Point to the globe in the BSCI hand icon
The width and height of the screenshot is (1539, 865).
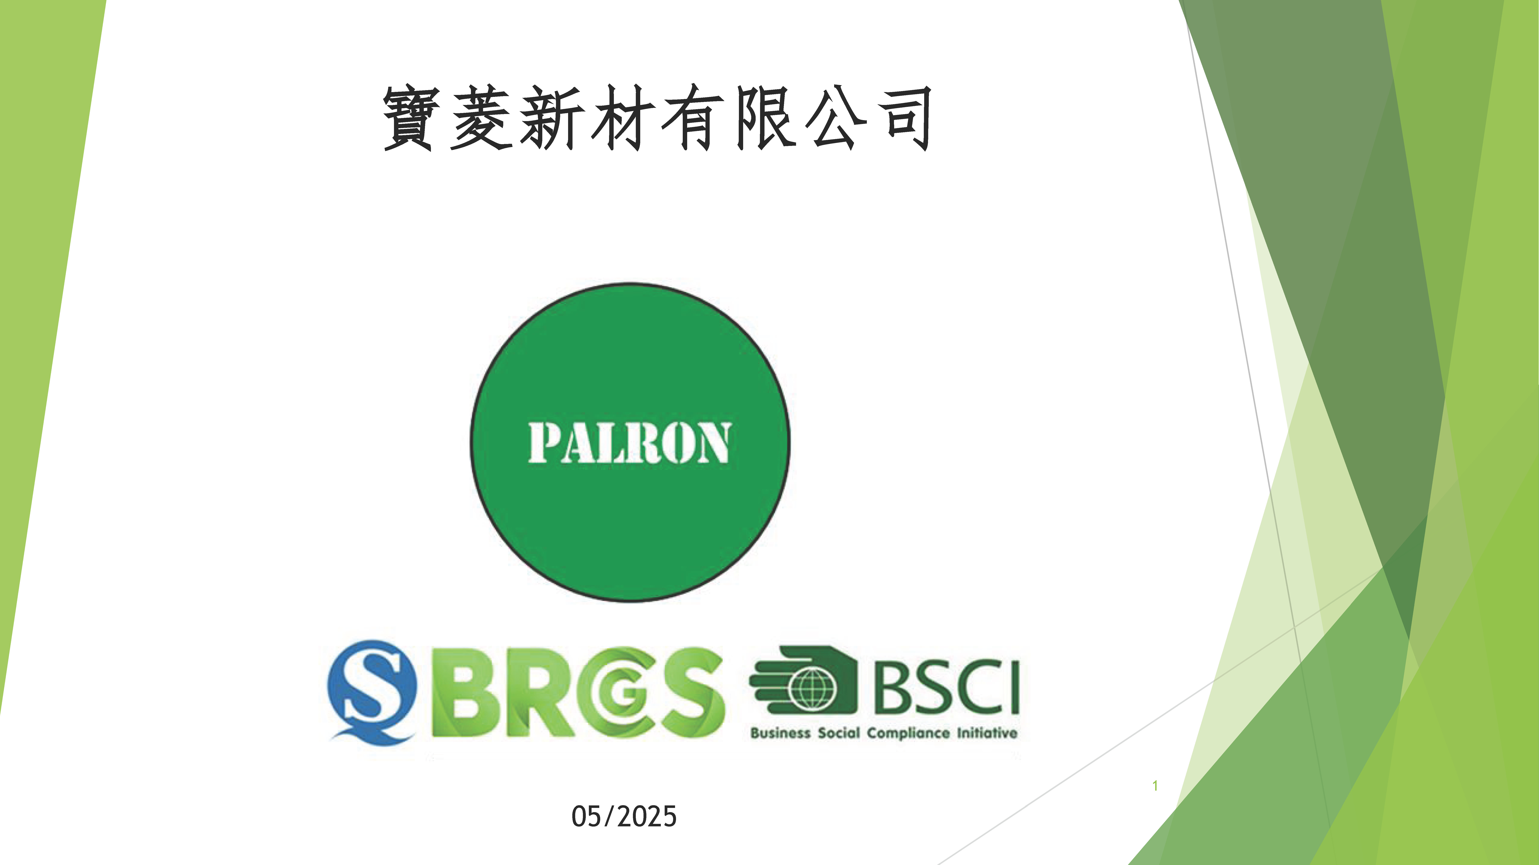811,686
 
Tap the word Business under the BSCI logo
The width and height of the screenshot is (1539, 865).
780,733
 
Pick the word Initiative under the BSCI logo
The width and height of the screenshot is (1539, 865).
987,733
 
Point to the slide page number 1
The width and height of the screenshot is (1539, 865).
1155,786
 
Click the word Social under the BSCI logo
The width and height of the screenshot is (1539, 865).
839,733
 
